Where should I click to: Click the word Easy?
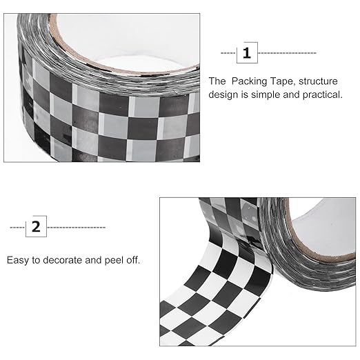point(19,261)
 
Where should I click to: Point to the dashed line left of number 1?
point(228,52)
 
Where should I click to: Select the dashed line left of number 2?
point(17,226)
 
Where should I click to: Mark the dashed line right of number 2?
point(77,226)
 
